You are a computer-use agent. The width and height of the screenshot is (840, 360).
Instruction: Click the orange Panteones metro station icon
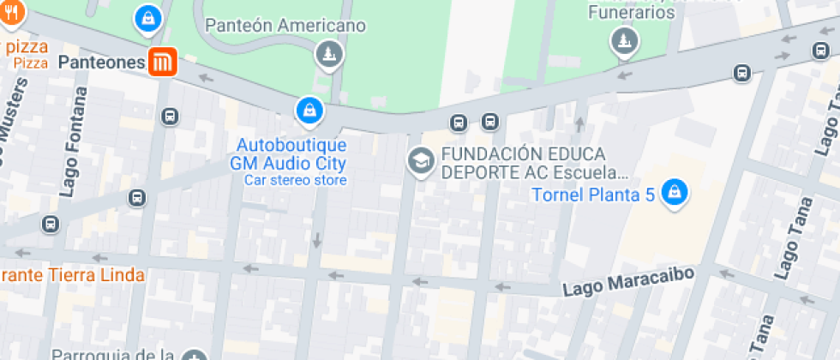pos(163,63)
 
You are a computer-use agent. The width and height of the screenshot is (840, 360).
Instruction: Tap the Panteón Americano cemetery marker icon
pos(328,55)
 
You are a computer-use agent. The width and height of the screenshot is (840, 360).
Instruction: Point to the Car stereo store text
pos(295,180)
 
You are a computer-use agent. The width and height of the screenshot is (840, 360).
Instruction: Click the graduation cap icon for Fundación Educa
pos(420,160)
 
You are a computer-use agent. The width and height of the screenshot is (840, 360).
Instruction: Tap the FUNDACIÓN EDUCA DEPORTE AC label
pos(523,162)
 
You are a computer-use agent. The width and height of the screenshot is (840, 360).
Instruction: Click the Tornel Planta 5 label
pos(593,195)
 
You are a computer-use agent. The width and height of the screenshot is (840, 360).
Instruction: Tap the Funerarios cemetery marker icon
pos(624,40)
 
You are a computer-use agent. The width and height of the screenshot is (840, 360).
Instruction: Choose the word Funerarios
pos(631,12)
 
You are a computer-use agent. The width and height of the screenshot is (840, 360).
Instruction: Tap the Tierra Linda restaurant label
pos(72,275)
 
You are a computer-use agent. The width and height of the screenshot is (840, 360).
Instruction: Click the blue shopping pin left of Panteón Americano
pos(149,18)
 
